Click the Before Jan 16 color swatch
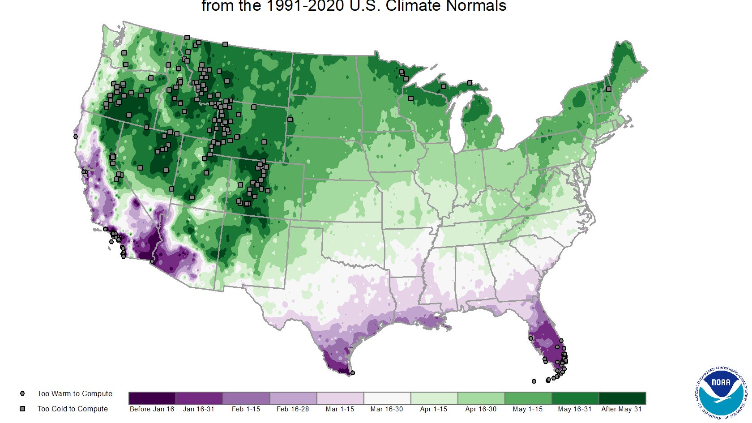point(152,398)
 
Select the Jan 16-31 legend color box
point(199,398)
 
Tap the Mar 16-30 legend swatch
point(387,398)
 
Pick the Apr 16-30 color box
point(481,398)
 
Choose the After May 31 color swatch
point(622,398)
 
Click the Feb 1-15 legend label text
point(246,409)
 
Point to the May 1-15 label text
point(528,409)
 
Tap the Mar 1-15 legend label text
point(340,409)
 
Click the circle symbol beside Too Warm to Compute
point(22,394)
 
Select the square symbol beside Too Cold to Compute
point(22,409)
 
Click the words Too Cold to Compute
point(73,409)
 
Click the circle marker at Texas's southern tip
point(353,373)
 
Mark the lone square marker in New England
point(609,89)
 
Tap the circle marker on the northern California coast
point(76,137)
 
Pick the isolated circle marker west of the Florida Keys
point(534,381)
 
